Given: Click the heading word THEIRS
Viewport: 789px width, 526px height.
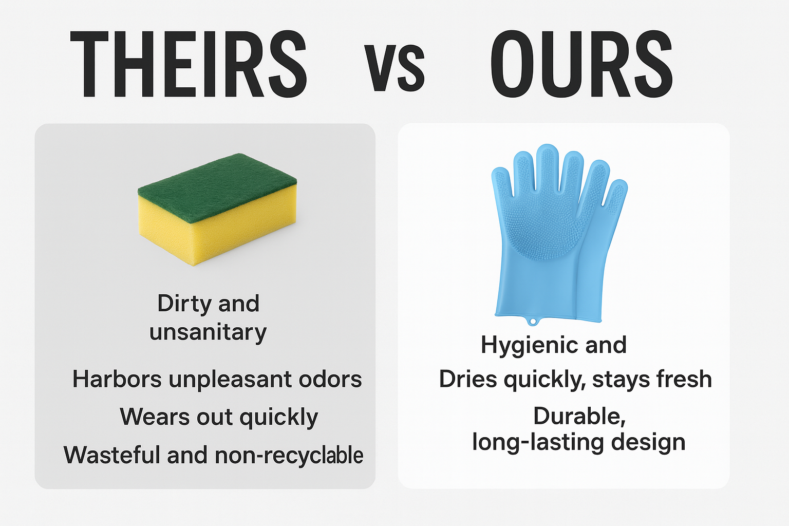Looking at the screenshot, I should pyautogui.click(x=188, y=64).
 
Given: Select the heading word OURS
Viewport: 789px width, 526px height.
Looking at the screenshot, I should pyautogui.click(x=581, y=64).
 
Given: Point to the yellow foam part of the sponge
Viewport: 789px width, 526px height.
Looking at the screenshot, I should pyautogui.click(x=205, y=234).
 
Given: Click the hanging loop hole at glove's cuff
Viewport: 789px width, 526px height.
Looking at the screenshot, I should pyautogui.click(x=533, y=322).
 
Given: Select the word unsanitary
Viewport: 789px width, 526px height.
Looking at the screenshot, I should pyautogui.click(x=208, y=332).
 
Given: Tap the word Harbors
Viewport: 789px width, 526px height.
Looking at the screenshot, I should pyautogui.click(x=117, y=380).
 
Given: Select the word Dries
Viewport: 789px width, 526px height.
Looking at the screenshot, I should pyautogui.click(x=468, y=380).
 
